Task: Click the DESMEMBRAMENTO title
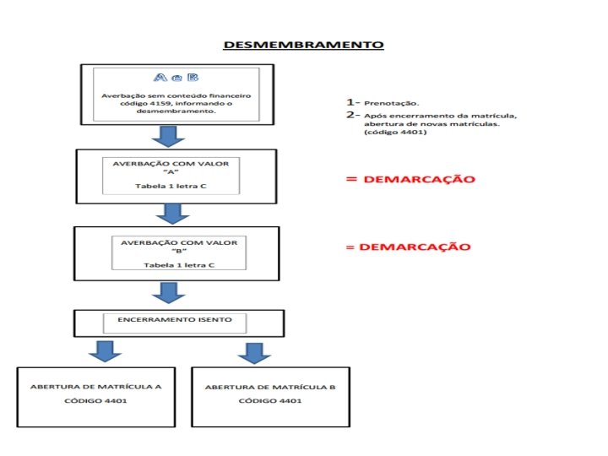[x=303, y=44]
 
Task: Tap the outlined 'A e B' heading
[x=176, y=79]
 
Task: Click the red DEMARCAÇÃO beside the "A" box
[x=411, y=179]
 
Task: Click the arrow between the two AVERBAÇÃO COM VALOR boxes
[x=173, y=212]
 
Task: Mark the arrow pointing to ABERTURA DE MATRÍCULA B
[x=253, y=351]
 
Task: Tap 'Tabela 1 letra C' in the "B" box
[x=178, y=264]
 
